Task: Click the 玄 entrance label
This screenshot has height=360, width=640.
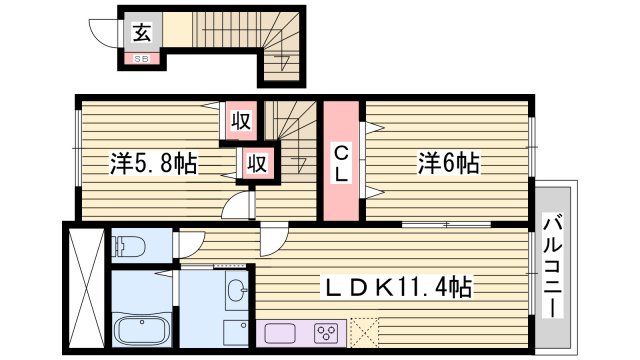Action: [x=142, y=32]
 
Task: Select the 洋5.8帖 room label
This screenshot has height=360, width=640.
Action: [x=152, y=162]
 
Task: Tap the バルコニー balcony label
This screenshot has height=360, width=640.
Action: [x=553, y=264]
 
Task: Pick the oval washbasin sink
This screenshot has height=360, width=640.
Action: [x=236, y=292]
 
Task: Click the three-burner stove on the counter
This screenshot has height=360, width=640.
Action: [x=326, y=332]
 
